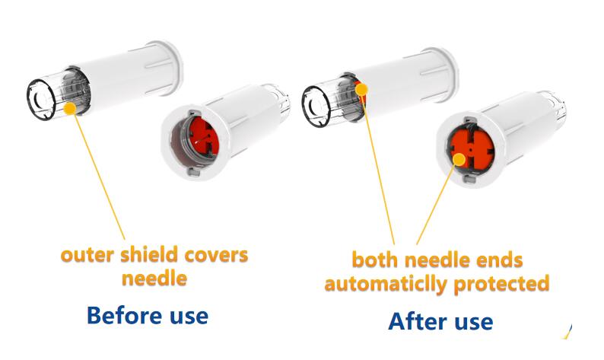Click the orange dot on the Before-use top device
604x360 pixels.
(x=70, y=108)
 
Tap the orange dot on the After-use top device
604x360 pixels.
(x=362, y=89)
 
